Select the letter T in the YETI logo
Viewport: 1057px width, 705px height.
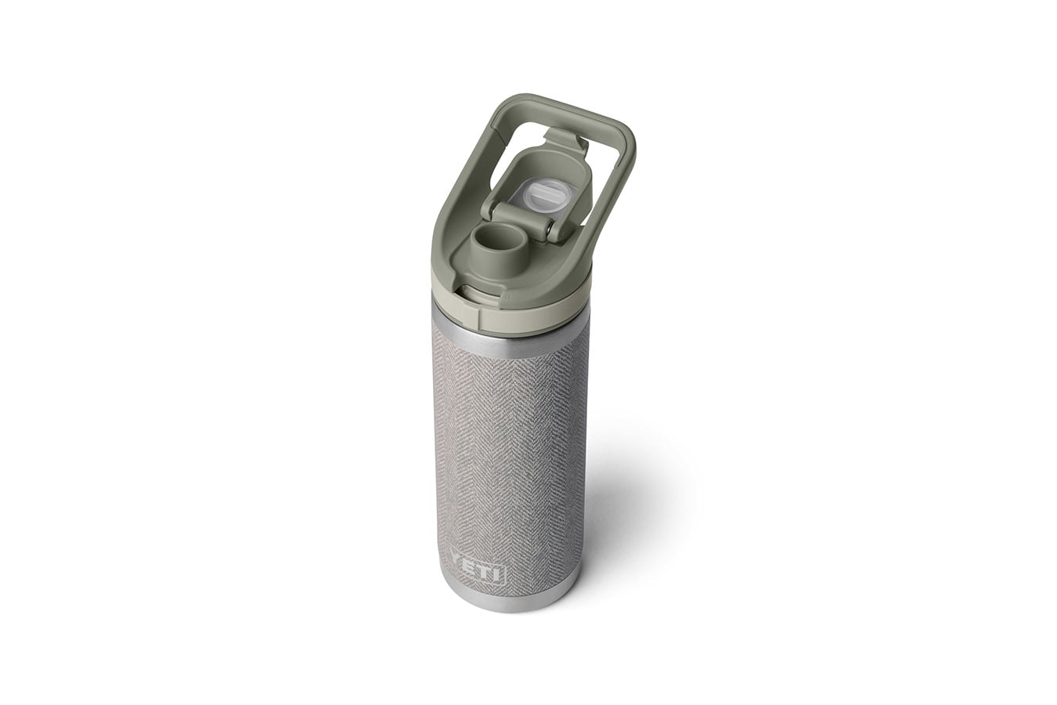click(491, 575)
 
